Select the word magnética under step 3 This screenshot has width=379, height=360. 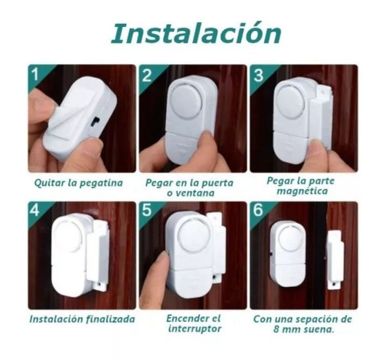pos(303,191)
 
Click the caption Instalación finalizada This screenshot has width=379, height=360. pos(82,319)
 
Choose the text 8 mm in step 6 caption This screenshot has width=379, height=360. pos(279,329)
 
